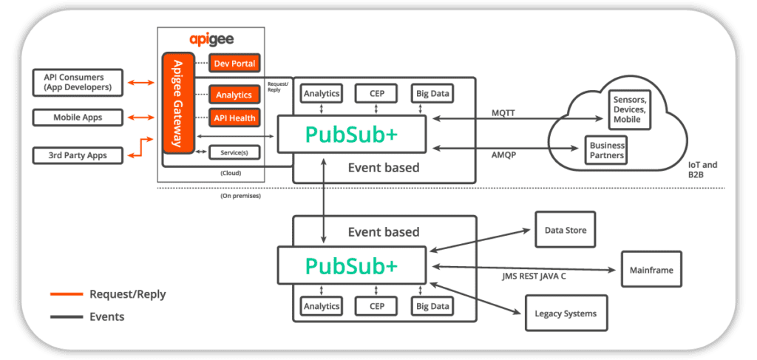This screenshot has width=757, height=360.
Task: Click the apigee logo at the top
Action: tap(211, 40)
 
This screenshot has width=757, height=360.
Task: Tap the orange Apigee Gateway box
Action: tap(178, 103)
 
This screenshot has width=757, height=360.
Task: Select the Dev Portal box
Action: tap(234, 64)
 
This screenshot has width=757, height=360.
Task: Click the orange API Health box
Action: tap(234, 118)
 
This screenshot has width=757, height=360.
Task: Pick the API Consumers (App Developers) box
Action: tap(78, 82)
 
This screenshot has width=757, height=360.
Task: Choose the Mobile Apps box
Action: tap(78, 118)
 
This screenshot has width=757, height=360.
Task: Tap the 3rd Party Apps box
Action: tap(78, 155)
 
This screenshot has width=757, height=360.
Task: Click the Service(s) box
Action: tap(234, 152)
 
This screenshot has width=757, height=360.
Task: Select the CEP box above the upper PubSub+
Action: tap(376, 94)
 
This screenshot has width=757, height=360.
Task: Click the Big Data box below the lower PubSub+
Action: tap(432, 306)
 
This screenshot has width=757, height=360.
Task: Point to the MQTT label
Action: tap(503, 112)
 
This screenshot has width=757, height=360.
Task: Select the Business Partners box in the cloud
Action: tap(607, 151)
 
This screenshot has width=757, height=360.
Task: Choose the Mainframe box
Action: tap(651, 270)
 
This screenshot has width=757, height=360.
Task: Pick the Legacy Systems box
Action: tap(566, 313)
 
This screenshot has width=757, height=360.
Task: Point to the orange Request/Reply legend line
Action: tap(66, 294)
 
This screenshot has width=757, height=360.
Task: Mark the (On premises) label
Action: tap(240, 197)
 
